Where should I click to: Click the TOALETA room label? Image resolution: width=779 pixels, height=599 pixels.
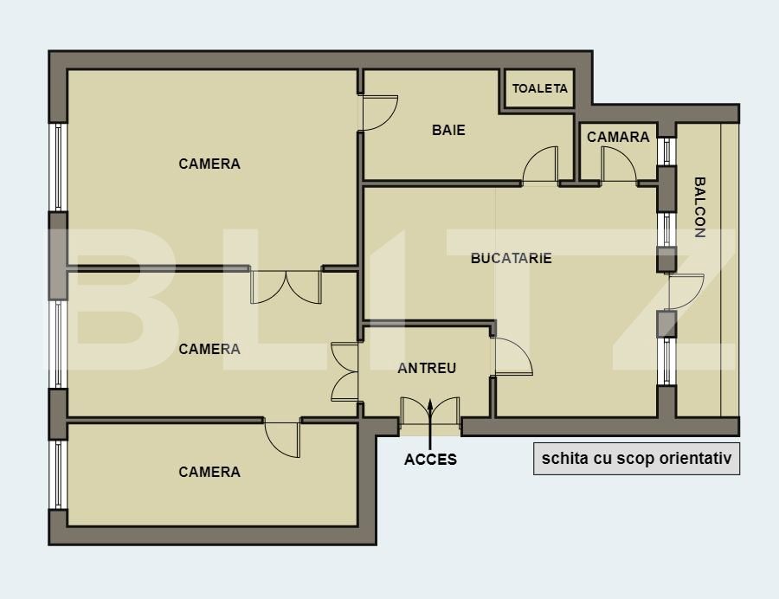point(539,88)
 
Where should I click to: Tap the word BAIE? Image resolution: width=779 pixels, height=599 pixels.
point(448,131)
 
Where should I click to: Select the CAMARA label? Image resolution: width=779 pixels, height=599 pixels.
point(618,137)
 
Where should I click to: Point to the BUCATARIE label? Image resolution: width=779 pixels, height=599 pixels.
point(511,258)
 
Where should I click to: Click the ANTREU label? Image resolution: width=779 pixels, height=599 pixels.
point(427,368)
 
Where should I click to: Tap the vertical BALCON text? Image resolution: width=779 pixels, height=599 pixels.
point(699,208)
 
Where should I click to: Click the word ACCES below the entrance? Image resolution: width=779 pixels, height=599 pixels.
point(430,460)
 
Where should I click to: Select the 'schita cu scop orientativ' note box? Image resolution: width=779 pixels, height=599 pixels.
point(636,460)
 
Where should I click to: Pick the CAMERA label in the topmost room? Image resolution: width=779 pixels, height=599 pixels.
point(209,164)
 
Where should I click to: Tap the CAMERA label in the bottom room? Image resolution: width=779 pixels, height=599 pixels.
point(209,472)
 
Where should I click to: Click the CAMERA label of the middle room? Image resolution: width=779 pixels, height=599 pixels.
point(209,349)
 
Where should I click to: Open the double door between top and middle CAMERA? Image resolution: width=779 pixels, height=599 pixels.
point(286,286)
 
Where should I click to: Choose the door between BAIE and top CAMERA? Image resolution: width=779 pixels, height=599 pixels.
point(377,113)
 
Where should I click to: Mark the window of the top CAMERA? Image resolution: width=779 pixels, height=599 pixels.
point(58,166)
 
